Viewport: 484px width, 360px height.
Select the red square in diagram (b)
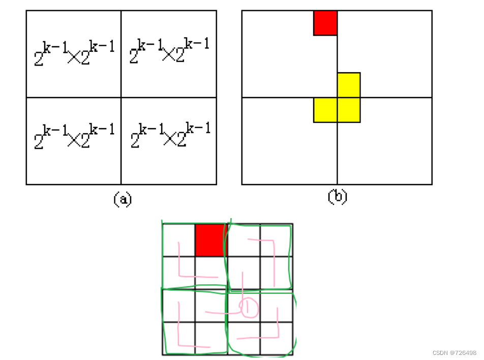pyautogui.click(x=325, y=23)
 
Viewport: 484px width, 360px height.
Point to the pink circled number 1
pyautogui.click(x=249, y=307)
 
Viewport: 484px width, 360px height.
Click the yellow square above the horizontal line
pyautogui.click(x=349, y=85)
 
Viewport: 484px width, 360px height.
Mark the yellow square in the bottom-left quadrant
pyautogui.click(x=325, y=110)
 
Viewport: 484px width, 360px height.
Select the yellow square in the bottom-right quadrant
pyautogui.click(x=349, y=110)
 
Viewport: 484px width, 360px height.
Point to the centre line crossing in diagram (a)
pyautogui.click(x=121, y=97)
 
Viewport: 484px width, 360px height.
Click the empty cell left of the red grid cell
pyautogui.click(x=178, y=240)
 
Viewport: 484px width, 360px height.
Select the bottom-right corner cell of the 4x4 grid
pyautogui.click(x=277, y=338)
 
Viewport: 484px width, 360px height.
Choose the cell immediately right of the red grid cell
pyautogui.click(x=244, y=240)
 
